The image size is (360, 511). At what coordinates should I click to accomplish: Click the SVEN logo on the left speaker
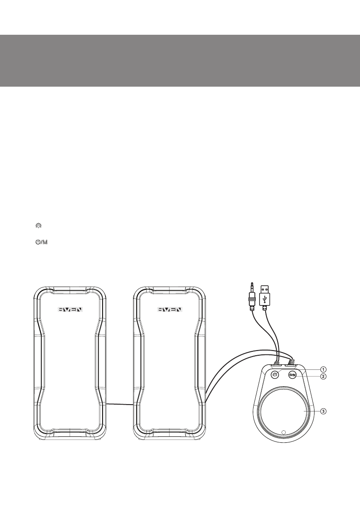[70, 309]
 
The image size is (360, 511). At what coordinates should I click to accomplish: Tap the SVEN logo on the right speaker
[170, 309]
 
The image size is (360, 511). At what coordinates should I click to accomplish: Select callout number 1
[323, 369]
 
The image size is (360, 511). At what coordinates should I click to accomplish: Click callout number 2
[323, 376]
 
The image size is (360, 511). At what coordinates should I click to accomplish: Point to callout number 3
[323, 411]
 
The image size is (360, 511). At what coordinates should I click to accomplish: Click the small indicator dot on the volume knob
[283, 432]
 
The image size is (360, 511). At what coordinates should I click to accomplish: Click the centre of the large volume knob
[283, 412]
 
